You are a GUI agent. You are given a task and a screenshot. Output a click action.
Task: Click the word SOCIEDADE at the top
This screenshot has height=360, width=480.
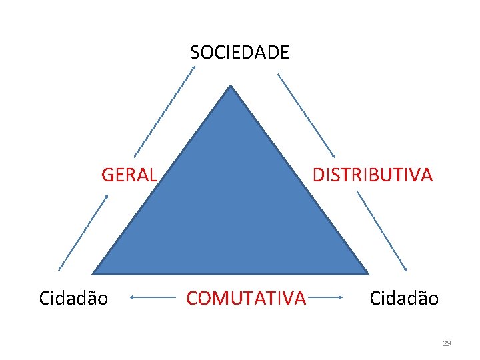point(239,52)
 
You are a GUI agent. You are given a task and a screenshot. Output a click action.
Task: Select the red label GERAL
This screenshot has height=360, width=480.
point(129,175)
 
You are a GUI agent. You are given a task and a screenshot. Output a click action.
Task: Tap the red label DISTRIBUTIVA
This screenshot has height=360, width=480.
point(373,175)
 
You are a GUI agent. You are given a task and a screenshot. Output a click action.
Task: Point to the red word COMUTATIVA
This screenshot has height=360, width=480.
point(246,298)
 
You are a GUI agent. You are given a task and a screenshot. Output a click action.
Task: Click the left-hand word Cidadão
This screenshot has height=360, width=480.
point(73,298)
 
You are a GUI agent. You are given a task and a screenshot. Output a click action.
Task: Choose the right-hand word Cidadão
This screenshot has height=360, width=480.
point(404,298)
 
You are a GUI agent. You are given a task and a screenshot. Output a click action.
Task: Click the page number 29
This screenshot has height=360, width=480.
point(447,343)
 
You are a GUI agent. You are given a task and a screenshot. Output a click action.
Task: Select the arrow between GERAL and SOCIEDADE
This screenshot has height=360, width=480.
point(164,111)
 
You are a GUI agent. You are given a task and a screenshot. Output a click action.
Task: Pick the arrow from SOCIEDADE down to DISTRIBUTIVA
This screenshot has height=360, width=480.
point(306,115)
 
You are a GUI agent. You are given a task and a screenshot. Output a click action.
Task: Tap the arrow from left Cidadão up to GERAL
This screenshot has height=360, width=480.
point(83,231)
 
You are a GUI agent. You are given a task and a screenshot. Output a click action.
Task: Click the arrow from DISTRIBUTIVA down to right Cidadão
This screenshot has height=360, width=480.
point(381,231)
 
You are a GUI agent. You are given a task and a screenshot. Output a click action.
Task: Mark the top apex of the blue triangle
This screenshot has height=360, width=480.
point(231,87)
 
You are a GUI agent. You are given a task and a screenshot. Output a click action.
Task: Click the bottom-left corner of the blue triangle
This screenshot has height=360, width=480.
point(95,272)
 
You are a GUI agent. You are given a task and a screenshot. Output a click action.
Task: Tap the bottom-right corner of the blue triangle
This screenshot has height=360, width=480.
point(366,272)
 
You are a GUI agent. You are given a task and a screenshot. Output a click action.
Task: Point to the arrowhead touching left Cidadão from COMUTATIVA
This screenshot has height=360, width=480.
point(131,297)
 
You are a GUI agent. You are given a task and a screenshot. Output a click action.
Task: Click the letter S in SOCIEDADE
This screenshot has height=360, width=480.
point(195,52)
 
